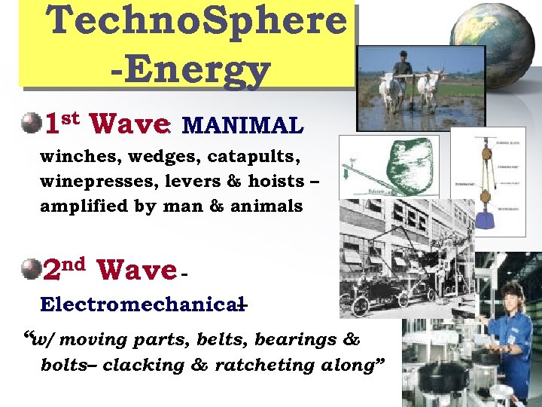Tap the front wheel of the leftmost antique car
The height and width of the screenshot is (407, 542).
(x=361, y=306)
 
